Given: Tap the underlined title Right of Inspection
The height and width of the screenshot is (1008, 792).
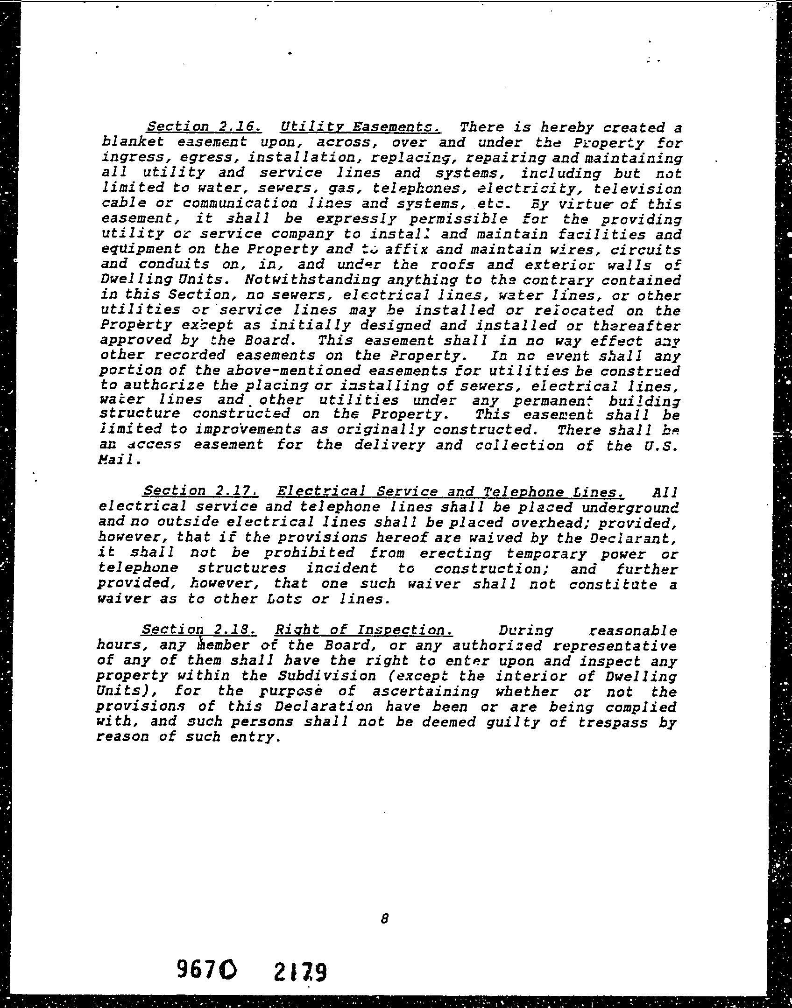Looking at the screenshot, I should [364, 630].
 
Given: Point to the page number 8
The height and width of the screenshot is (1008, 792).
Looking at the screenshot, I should [384, 918].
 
